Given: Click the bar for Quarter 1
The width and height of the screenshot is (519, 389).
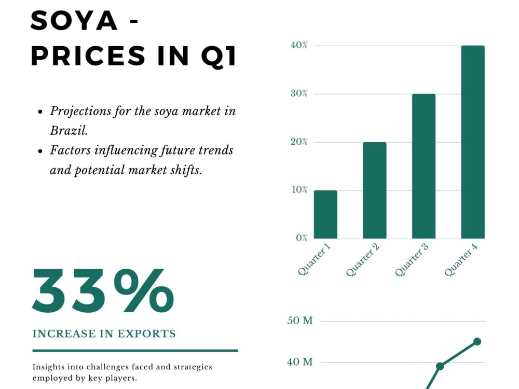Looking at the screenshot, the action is (326, 214).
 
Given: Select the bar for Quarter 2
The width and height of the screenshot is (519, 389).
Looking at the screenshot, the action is (375, 190).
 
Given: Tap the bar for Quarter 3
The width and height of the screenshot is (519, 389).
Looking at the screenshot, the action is (424, 166).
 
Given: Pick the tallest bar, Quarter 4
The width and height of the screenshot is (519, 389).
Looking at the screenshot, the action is (473, 142).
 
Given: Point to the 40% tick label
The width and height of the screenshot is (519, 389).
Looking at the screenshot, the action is (299, 45).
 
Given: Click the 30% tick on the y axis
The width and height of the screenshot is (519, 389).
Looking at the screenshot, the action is (299, 93).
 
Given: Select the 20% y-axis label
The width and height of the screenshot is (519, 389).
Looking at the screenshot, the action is (299, 142).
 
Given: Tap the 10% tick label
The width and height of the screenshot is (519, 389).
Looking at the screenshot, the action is (299, 189).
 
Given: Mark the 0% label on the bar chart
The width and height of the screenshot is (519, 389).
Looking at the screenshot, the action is (302, 238).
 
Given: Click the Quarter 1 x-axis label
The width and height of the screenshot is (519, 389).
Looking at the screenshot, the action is (314, 259).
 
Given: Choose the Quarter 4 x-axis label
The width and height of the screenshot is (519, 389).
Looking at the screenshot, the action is (461, 259).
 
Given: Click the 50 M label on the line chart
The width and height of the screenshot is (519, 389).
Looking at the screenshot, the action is (300, 321).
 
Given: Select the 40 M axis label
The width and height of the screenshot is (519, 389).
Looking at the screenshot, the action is (300, 362).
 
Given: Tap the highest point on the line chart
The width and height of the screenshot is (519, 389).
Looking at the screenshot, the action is (477, 341).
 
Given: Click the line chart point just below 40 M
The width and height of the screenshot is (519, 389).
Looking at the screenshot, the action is (440, 366).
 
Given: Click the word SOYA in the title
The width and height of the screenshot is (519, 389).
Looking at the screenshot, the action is (74, 21).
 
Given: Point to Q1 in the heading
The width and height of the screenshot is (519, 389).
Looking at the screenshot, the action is (219, 55).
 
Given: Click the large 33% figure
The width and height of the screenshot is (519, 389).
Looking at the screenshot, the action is (103, 291).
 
